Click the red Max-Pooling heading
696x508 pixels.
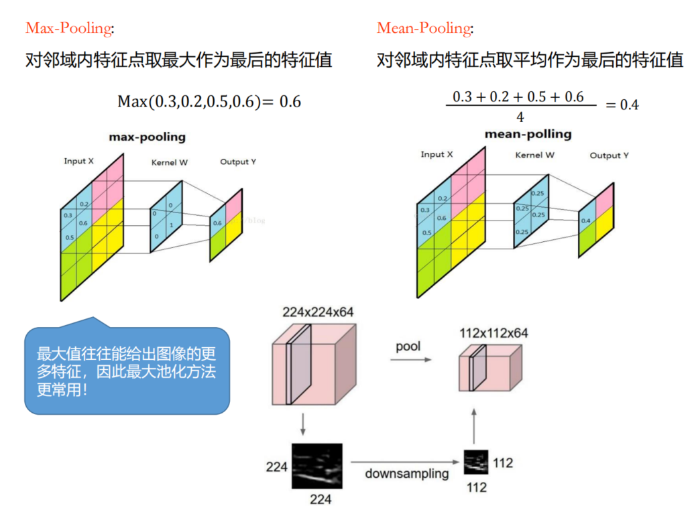tap(68, 28)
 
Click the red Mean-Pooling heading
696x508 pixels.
tap(424, 28)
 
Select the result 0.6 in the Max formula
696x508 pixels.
tap(290, 102)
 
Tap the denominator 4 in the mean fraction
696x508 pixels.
tap(520, 118)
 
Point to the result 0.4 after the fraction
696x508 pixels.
tap(629, 105)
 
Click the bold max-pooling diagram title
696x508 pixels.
tap(147, 137)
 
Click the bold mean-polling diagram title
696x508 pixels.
tap(528, 134)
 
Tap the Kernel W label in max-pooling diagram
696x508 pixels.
tap(170, 162)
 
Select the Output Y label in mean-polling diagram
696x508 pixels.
tap(609, 155)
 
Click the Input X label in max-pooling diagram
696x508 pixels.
tap(79, 161)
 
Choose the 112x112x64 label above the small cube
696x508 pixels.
tap(492, 332)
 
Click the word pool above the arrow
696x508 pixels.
tap(408, 347)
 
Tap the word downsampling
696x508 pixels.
tap(406, 473)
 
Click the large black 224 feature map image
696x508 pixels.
tap(316, 466)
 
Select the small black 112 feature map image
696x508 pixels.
tap(475, 462)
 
